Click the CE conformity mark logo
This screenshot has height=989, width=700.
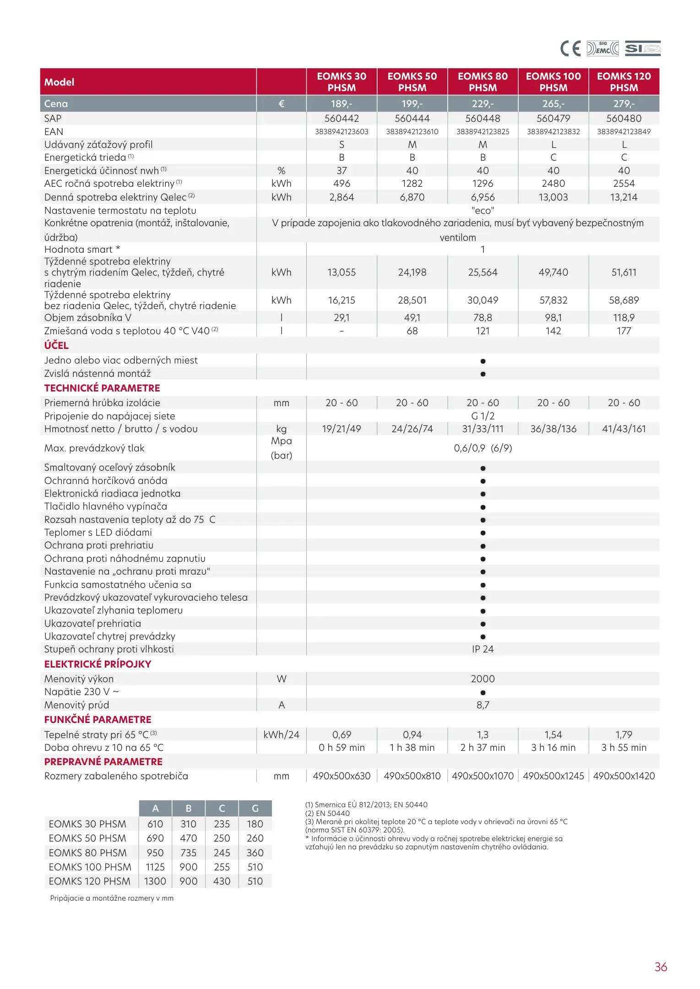(570, 49)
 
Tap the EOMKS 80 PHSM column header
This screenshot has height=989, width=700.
(483, 82)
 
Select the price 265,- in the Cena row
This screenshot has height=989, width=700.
(553, 104)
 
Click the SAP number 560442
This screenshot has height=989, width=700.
(342, 119)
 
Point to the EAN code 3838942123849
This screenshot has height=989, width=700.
(624, 132)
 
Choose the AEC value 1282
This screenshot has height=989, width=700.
(412, 184)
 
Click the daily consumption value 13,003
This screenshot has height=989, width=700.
(553, 197)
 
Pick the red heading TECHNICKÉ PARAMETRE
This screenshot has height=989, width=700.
(102, 388)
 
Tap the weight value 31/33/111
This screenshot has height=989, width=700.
(483, 429)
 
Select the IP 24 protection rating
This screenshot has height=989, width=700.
(483, 649)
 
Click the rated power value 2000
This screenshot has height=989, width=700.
(483, 679)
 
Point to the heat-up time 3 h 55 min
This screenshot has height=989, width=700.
(624, 748)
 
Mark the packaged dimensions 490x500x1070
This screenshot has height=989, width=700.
(483, 776)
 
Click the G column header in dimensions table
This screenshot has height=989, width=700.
(255, 809)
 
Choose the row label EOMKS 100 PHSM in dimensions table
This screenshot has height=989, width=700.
(90, 867)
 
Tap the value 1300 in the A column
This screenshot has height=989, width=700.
(155, 881)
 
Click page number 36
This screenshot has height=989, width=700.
(661, 967)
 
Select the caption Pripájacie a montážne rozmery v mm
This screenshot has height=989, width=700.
(112, 898)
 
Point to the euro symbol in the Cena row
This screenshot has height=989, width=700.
(281, 104)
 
